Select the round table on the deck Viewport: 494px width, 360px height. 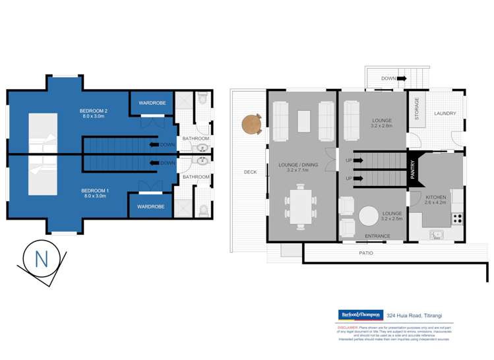[251, 123]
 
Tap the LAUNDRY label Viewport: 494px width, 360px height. [445, 113]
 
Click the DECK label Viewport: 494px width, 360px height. [250, 172]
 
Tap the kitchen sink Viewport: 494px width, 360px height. [436, 233]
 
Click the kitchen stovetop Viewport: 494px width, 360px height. [458, 217]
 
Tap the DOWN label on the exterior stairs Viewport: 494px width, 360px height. [388, 78]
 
